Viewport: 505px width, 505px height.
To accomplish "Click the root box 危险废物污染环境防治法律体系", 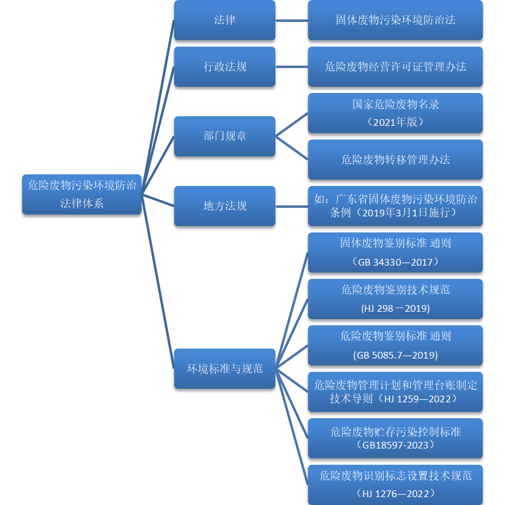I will (81, 194).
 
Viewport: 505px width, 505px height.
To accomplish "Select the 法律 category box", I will (224, 20).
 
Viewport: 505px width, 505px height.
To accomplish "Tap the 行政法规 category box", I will (224, 67).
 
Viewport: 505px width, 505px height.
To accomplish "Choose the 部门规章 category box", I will (224, 136).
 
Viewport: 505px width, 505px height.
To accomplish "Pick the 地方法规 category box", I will (224, 206).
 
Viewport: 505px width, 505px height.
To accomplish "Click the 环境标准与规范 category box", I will (224, 368).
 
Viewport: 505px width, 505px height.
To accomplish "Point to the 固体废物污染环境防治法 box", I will (395, 20).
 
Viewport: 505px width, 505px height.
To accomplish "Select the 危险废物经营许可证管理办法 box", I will (395, 67).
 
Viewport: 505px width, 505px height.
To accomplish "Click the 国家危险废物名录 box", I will (395, 112).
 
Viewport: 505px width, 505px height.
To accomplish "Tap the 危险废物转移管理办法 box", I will (395, 160).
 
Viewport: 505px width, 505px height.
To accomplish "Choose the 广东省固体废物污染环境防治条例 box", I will (395, 206).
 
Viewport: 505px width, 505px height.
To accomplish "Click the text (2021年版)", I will (395, 122).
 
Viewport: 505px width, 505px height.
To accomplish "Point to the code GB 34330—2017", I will (395, 262).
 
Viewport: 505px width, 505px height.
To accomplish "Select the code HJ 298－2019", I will (395, 309).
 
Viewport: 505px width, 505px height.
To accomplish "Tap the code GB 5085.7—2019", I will (395, 355).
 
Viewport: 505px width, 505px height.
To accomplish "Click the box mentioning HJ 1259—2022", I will (395, 392).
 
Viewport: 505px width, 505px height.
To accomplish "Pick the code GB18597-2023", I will (395, 445).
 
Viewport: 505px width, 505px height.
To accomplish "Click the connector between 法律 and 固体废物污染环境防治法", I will (292, 20).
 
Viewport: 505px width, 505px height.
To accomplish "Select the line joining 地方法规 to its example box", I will (292, 206).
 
